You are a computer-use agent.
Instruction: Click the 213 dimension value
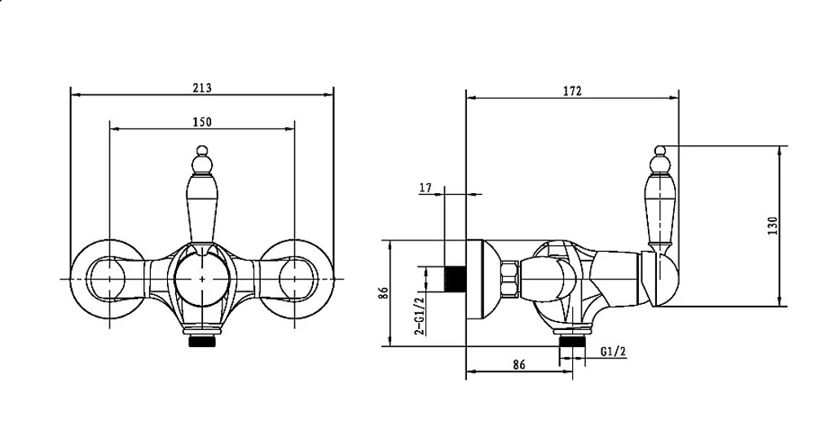tap(202, 88)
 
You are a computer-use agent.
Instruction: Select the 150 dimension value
tap(202, 121)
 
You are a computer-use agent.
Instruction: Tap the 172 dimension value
tap(572, 91)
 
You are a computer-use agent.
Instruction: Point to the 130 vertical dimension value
tap(773, 226)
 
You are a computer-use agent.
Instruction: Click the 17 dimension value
tap(425, 187)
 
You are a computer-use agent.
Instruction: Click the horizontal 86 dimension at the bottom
tap(518, 364)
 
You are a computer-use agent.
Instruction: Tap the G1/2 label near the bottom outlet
tap(614, 351)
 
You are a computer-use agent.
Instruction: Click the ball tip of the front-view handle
tap(202, 151)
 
